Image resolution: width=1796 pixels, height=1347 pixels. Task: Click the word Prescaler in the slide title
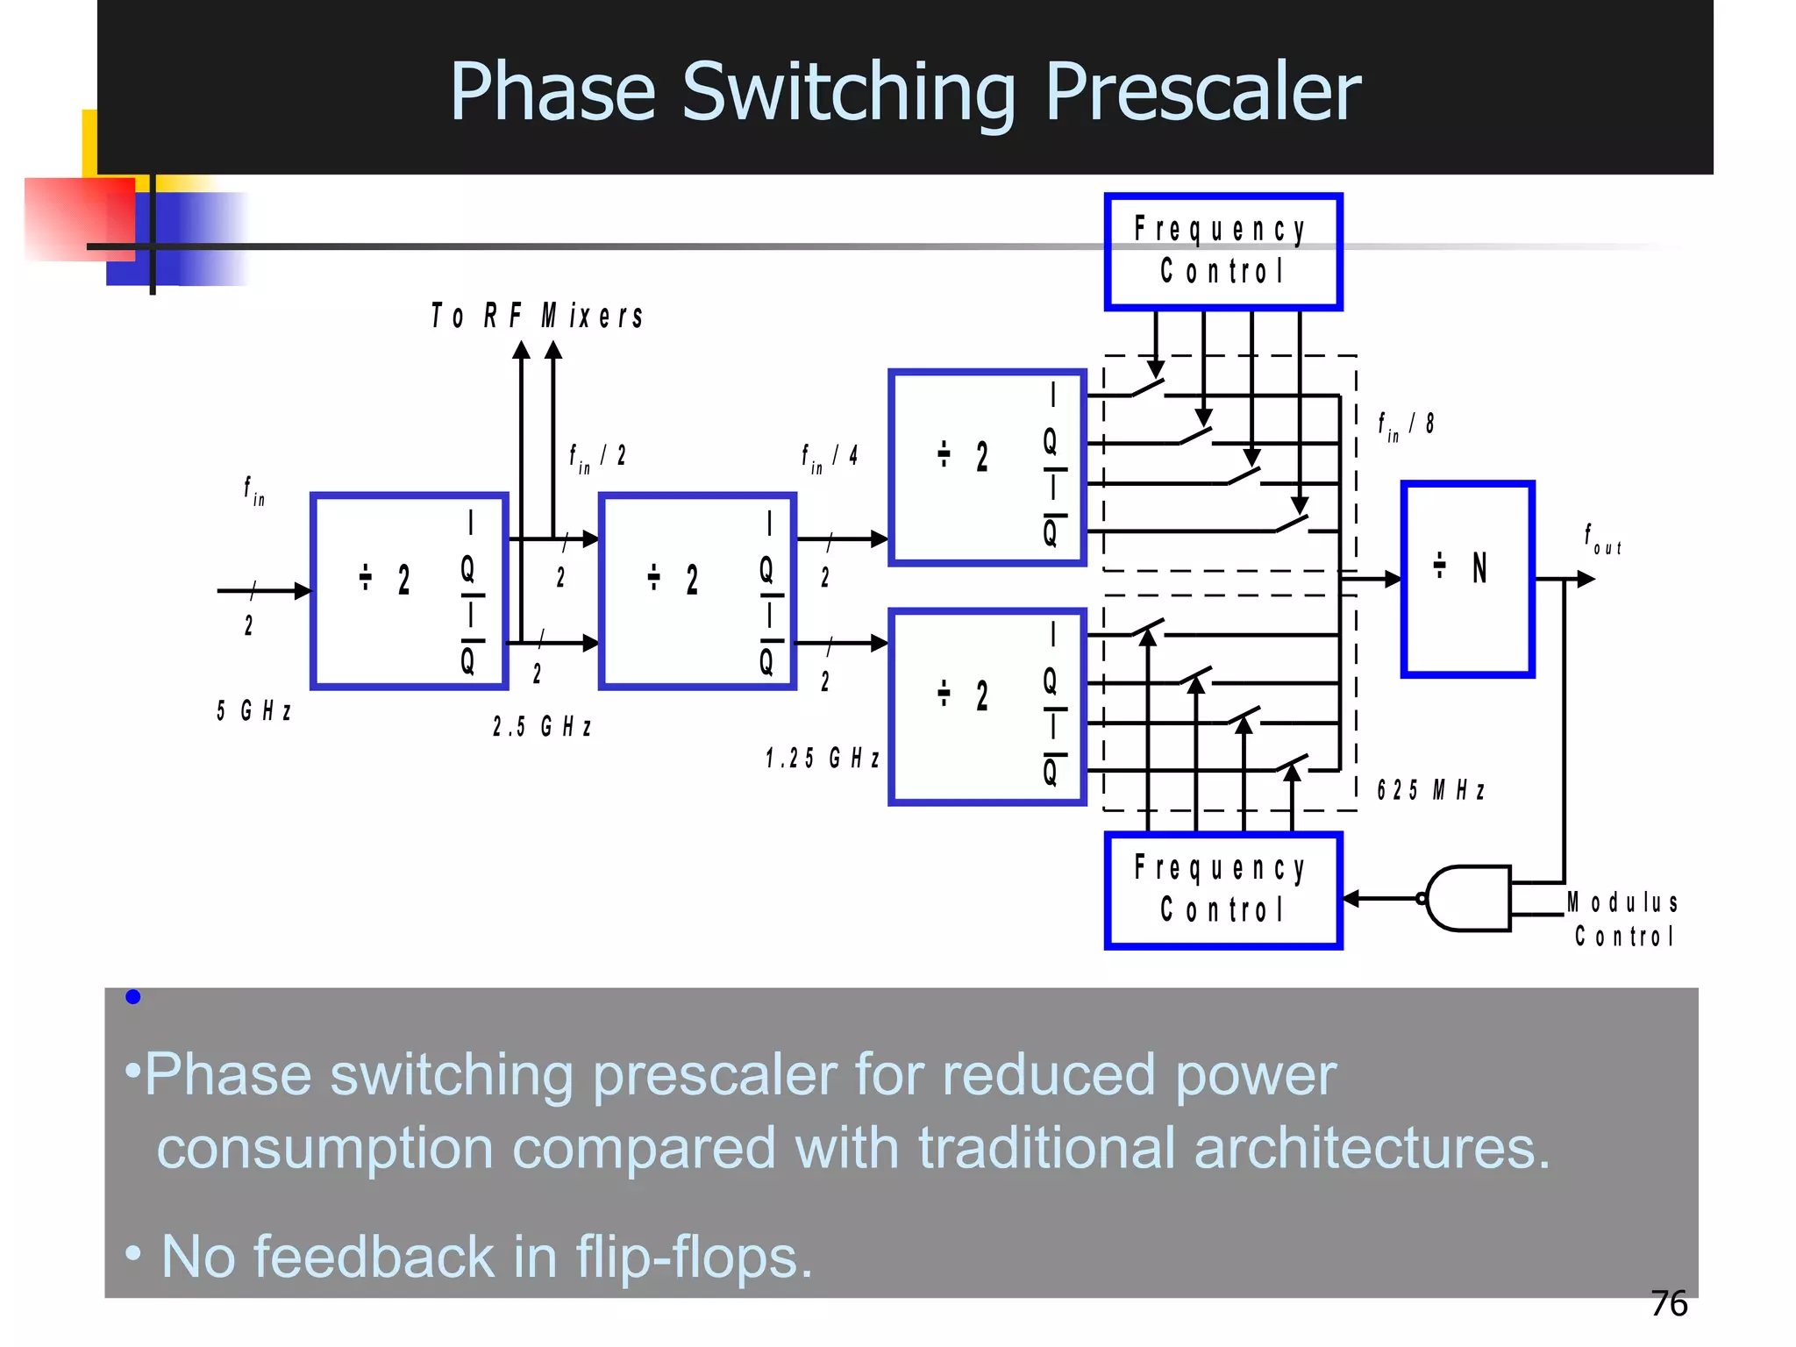pyautogui.click(x=1202, y=92)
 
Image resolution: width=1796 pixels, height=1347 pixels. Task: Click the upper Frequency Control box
pyautogui.click(x=1222, y=252)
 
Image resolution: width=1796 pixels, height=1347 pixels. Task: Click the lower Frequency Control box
pyautogui.click(x=1222, y=890)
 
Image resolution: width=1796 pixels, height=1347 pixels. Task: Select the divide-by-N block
pyautogui.click(x=1467, y=579)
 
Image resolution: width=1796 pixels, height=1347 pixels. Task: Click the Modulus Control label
pyautogui.click(x=1623, y=919)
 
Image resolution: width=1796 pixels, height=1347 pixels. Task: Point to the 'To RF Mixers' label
pyautogui.click(x=538, y=317)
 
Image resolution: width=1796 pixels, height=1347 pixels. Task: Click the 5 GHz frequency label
pyautogui.click(x=253, y=710)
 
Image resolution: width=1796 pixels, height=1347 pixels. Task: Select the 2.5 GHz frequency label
pyautogui.click(x=541, y=727)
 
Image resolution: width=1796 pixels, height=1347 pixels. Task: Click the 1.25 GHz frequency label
pyautogui.click(x=822, y=759)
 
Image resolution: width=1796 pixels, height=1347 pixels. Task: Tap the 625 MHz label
pyautogui.click(x=1430, y=791)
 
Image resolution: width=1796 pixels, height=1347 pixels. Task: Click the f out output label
pyautogui.click(x=1601, y=539)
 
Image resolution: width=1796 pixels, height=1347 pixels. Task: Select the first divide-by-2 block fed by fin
pyautogui.click(x=410, y=591)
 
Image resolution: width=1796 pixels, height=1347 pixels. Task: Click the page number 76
pyautogui.click(x=1668, y=1304)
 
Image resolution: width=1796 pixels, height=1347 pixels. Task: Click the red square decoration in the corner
pyautogui.click(x=79, y=219)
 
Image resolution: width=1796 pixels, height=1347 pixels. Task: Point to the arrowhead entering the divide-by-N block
pyautogui.click(x=1393, y=579)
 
